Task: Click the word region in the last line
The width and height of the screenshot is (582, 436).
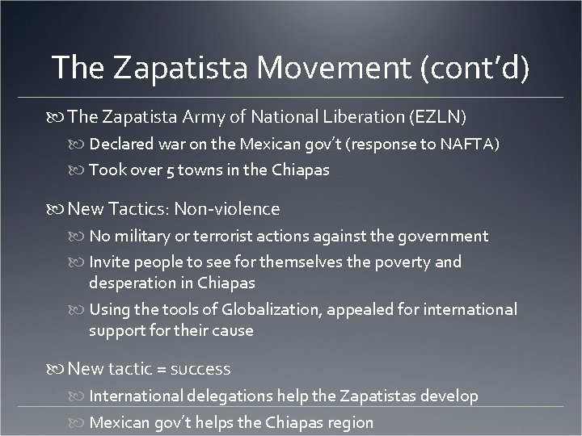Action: [x=350, y=422]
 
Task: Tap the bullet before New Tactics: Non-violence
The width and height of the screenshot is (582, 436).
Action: [x=58, y=210]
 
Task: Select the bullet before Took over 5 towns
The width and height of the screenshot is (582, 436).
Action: [x=79, y=171]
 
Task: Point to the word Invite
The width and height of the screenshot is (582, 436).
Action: [x=110, y=262]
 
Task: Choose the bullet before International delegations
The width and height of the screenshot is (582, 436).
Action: [x=79, y=397]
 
